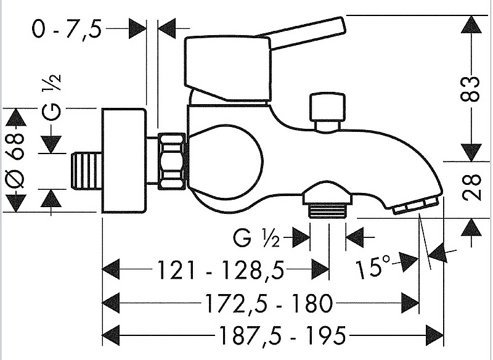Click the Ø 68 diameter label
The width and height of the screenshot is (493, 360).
[x=16, y=160]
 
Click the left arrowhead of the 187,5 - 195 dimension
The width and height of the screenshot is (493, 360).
[x=110, y=335]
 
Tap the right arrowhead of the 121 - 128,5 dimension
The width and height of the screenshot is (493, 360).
[x=320, y=269]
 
